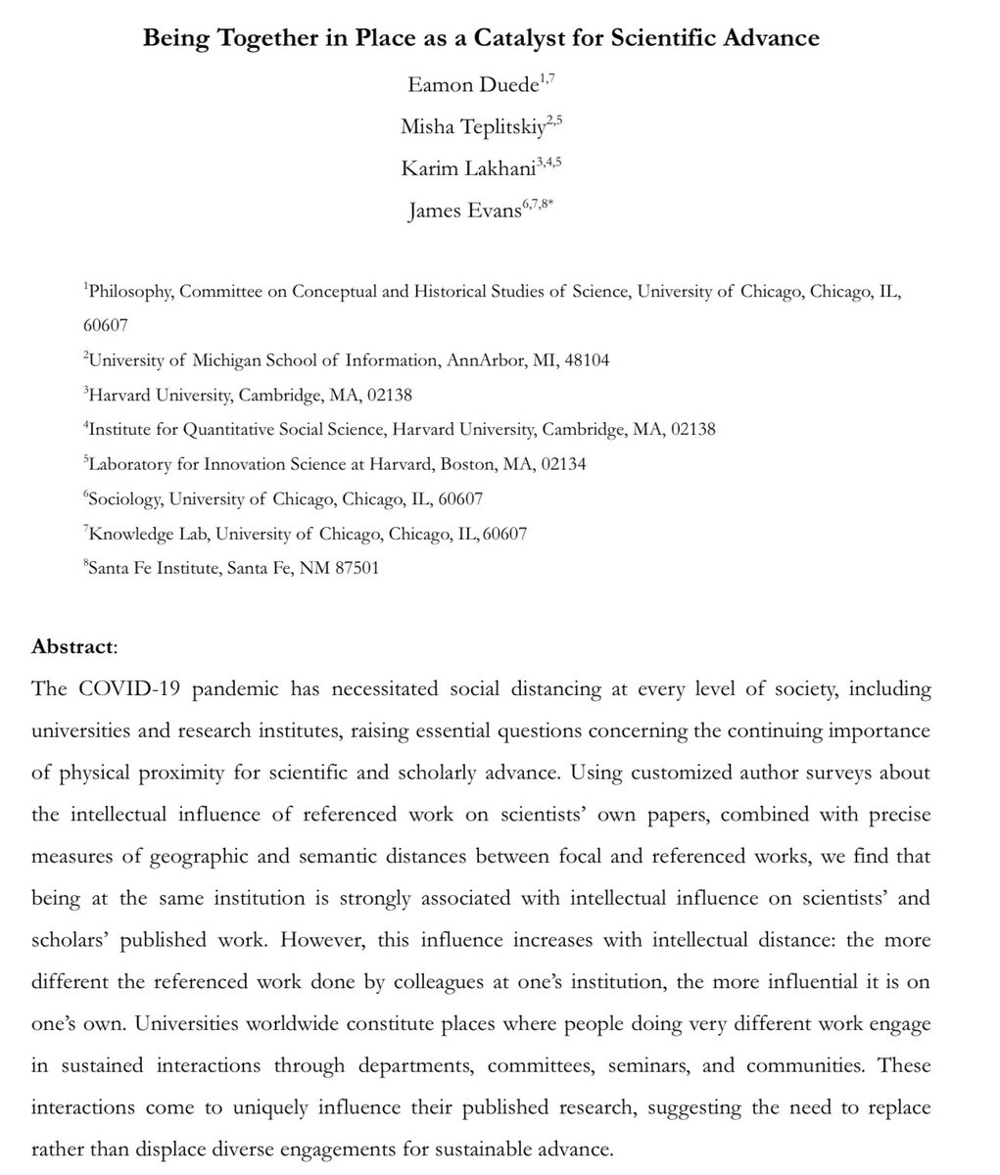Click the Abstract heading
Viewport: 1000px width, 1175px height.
coord(73,646)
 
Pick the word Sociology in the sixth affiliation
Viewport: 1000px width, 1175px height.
coord(124,498)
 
